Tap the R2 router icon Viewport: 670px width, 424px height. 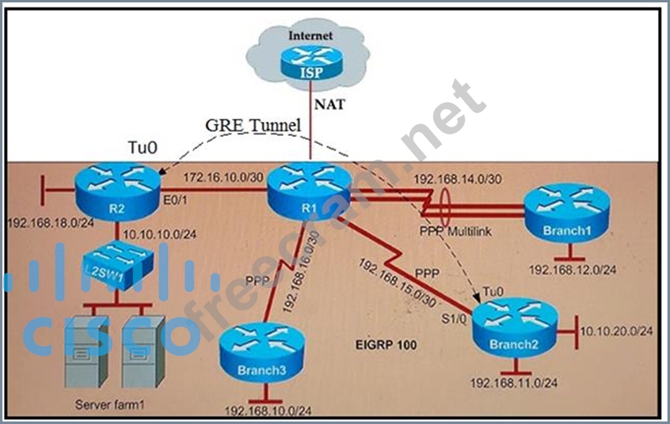[x=116, y=188]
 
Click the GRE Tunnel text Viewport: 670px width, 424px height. [x=242, y=126]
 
